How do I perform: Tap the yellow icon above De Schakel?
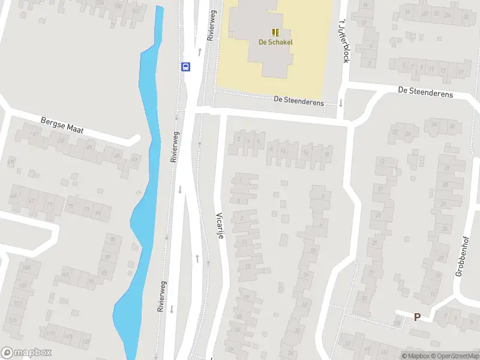275,32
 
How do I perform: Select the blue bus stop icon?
186,67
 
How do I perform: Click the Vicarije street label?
220,226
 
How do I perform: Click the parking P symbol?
416,317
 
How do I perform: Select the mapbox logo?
26,353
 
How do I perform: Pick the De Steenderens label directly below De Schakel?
299,102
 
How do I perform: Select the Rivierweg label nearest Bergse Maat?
174,148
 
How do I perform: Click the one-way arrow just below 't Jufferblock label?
340,103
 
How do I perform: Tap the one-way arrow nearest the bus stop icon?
199,52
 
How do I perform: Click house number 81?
98,212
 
